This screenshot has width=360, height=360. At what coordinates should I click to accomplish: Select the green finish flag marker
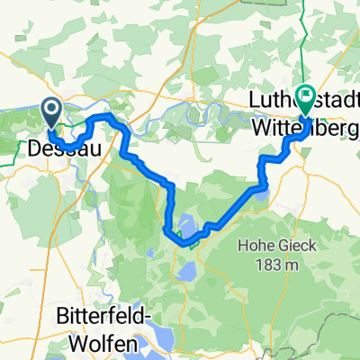(x=305, y=95)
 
